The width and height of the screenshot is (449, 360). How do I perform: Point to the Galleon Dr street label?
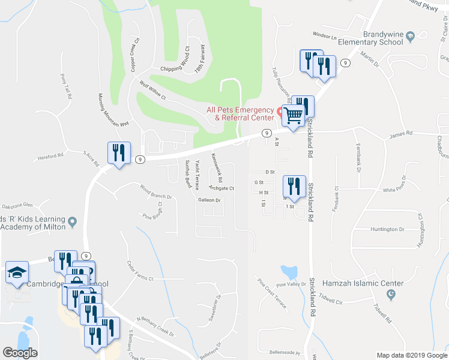point(210,200)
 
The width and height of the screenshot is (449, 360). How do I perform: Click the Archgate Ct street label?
point(221,188)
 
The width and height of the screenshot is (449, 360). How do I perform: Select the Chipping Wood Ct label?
point(175,68)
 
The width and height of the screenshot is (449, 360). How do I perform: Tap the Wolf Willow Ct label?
point(152,90)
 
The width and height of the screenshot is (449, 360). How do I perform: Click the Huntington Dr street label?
point(388,229)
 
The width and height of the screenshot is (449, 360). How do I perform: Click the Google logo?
point(20,353)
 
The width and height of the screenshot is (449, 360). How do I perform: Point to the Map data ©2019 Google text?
point(411,355)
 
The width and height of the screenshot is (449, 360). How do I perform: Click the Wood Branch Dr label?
point(155,192)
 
